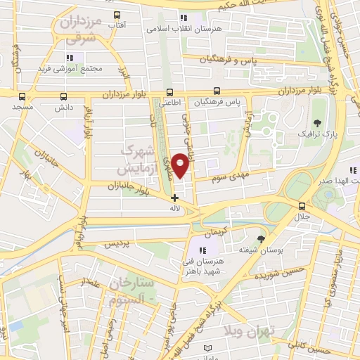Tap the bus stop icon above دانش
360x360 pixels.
65,96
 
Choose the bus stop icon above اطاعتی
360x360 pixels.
169,91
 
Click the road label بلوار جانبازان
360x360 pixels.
130,187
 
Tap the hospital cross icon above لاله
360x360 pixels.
174,198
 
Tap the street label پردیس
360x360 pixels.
117,245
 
